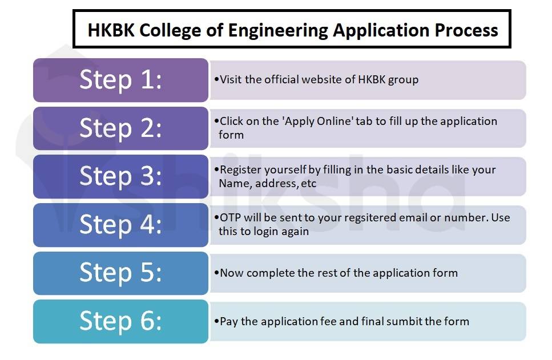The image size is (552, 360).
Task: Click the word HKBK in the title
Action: point(111,30)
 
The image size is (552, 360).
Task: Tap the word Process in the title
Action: point(466,30)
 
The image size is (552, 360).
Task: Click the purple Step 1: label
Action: point(121,80)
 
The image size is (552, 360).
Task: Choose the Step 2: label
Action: point(121,128)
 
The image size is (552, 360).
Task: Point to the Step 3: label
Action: point(121,176)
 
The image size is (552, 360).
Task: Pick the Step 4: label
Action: point(121,225)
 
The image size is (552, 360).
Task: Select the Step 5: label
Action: point(121,273)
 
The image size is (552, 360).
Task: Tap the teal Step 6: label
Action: point(121,321)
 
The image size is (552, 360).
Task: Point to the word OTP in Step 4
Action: point(230,217)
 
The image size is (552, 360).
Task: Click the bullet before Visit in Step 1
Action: point(216,79)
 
